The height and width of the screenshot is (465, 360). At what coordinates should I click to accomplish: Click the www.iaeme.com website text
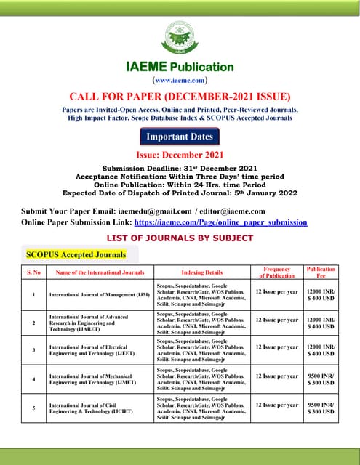180,81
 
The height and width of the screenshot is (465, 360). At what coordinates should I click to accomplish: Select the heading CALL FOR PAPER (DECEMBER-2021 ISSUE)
180,96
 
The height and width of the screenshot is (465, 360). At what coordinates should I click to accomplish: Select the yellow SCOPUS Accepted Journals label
76,254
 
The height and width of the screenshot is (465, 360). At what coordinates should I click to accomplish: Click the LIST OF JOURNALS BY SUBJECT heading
180,238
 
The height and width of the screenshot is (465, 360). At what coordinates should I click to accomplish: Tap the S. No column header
34,272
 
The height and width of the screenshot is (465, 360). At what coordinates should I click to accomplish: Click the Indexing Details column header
201,272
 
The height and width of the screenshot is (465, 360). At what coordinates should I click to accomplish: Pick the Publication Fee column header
321,272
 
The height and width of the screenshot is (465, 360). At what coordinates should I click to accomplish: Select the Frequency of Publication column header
276,272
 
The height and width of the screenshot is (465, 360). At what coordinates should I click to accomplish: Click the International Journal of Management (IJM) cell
100,296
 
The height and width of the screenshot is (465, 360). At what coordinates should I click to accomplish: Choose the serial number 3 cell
34,351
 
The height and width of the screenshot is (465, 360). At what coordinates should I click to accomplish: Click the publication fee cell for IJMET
321,379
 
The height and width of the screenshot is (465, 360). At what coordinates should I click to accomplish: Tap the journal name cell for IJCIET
100,408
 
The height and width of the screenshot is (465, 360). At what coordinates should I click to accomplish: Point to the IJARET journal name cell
100,323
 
